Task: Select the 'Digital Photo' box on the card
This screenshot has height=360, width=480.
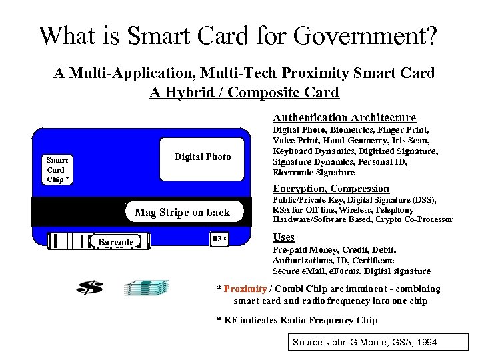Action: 203,157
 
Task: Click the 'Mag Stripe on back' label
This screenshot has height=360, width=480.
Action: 182,213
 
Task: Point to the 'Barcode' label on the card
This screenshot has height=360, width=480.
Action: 115,242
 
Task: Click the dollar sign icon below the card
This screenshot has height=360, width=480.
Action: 89,288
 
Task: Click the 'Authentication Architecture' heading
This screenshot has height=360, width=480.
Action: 345,117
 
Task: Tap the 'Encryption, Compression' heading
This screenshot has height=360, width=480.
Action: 331,189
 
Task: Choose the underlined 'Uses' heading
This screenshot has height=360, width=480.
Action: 283,237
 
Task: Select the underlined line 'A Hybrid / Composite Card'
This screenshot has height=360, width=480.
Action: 244,92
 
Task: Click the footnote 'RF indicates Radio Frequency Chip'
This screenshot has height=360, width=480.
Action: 297,320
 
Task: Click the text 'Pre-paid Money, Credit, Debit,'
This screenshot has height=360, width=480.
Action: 323,250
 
